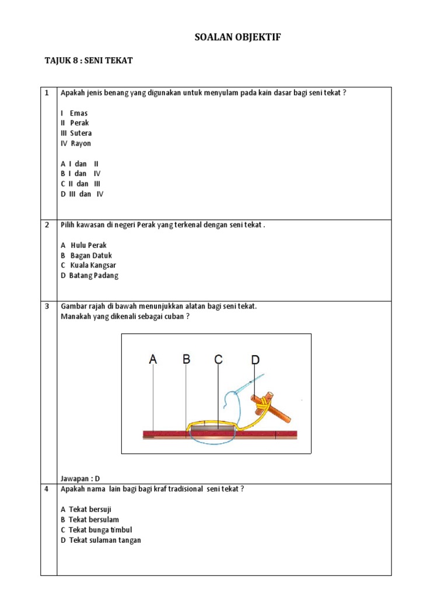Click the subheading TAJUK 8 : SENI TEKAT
(89, 60)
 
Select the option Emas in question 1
(78, 113)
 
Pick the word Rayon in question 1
(80, 143)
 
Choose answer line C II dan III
(80, 184)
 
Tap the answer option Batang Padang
(93, 276)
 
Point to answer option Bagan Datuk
(91, 255)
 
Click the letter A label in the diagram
(153, 360)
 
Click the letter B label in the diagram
(186, 359)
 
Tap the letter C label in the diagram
(218, 360)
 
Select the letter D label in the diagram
(255, 360)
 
